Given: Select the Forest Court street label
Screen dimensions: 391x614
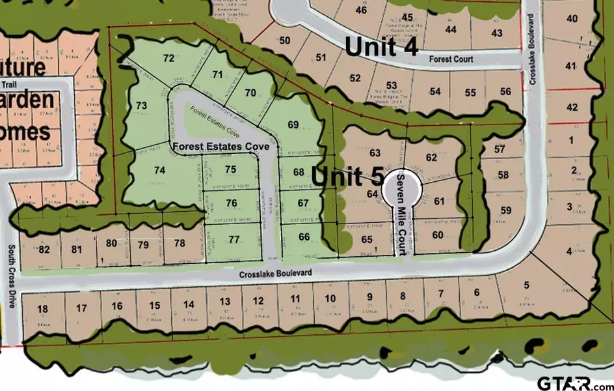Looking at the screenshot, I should click(x=451, y=59).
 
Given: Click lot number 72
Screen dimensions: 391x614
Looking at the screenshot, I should click(x=169, y=59).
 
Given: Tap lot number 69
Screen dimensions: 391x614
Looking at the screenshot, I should click(x=293, y=124).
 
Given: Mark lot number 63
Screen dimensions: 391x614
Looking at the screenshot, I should click(x=374, y=153).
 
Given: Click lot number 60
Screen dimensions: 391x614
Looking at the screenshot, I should click(x=437, y=235).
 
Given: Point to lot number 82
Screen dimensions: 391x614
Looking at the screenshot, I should click(x=44, y=250).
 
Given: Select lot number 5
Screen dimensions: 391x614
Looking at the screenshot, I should click(x=526, y=284).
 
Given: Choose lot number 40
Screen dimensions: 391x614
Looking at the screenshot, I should click(x=572, y=18).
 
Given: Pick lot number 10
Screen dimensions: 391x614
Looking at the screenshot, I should click(x=330, y=298).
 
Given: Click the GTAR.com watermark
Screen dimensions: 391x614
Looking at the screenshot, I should click(x=575, y=381).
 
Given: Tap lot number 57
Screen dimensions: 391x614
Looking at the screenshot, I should click(x=499, y=150).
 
